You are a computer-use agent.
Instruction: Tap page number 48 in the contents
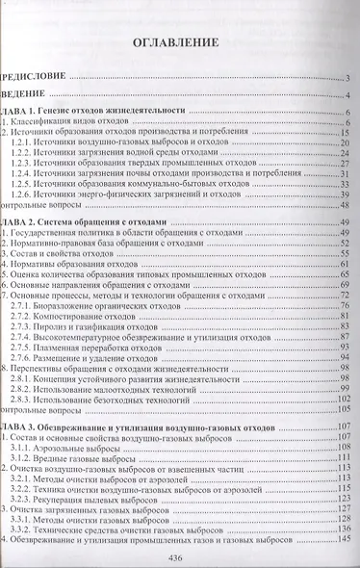[342, 205]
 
